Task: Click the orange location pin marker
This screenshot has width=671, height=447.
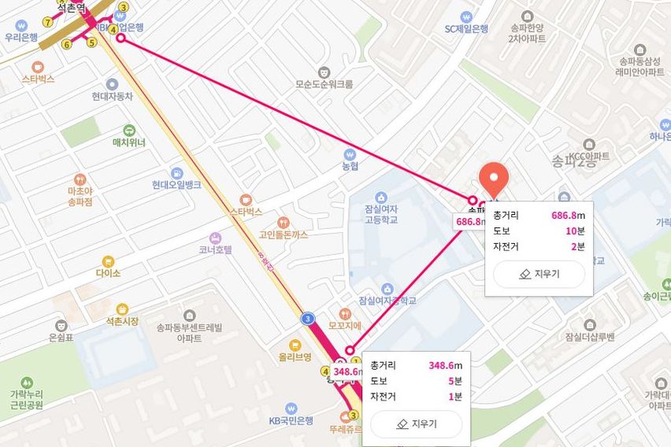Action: (x=494, y=179)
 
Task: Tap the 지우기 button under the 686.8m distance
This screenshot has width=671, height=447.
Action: (x=539, y=274)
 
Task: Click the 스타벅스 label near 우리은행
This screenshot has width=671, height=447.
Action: (x=38, y=79)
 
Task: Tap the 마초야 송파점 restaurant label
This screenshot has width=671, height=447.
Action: (x=80, y=196)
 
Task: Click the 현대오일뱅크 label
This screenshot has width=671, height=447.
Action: (x=176, y=185)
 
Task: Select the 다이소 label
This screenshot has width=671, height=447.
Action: (x=108, y=273)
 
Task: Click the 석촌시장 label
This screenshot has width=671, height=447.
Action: (x=121, y=321)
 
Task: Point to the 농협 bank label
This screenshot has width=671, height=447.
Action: (x=350, y=166)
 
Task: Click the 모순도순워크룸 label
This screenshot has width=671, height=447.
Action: (x=324, y=83)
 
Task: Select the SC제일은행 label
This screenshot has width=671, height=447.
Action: (x=466, y=28)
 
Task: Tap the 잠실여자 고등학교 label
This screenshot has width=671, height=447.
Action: (x=380, y=214)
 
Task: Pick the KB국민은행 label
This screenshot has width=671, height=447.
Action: (x=291, y=420)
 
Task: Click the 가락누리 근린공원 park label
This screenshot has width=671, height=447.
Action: (x=24, y=399)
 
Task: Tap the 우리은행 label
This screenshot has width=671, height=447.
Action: (x=21, y=36)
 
